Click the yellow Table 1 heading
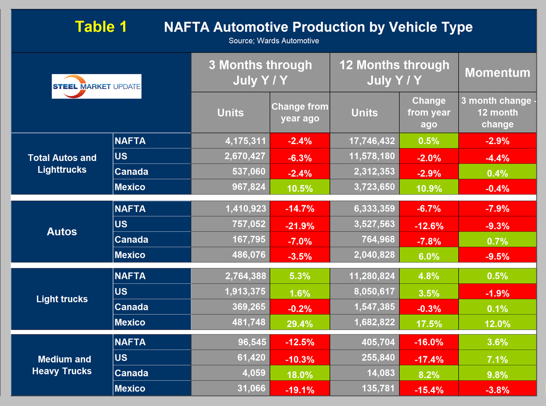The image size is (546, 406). [101, 27]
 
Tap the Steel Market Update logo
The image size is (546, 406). [96, 86]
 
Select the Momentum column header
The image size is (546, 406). [497, 73]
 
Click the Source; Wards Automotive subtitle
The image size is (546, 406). [273, 41]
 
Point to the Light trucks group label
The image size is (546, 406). [62, 299]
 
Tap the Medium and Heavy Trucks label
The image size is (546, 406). [62, 365]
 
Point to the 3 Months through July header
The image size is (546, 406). [260, 73]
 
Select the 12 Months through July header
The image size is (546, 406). [394, 73]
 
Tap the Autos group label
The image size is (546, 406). [62, 231]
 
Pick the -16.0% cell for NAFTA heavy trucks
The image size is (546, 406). [429, 342]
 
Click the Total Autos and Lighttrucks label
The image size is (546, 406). [62, 164]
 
